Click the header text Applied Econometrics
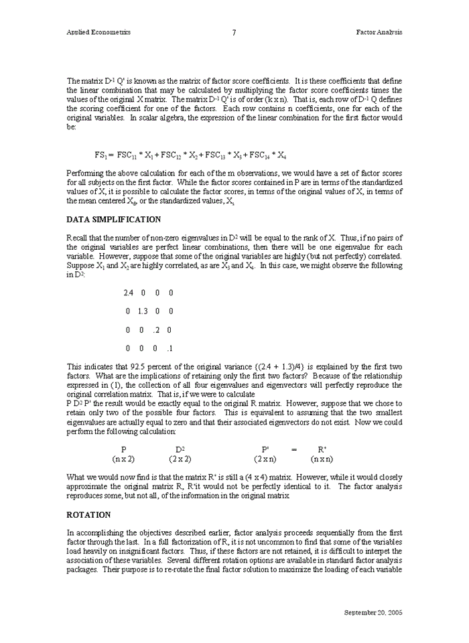[98, 32]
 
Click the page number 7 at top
[234, 32]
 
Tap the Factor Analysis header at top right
[379, 32]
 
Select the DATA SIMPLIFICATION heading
[114, 219]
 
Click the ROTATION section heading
[88, 515]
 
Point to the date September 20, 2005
[373, 612]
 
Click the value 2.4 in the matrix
[129, 293]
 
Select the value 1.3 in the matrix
[142, 311]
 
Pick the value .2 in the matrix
[155, 330]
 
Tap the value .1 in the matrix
[170, 349]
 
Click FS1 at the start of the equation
[100, 155]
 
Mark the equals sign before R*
[293, 450]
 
